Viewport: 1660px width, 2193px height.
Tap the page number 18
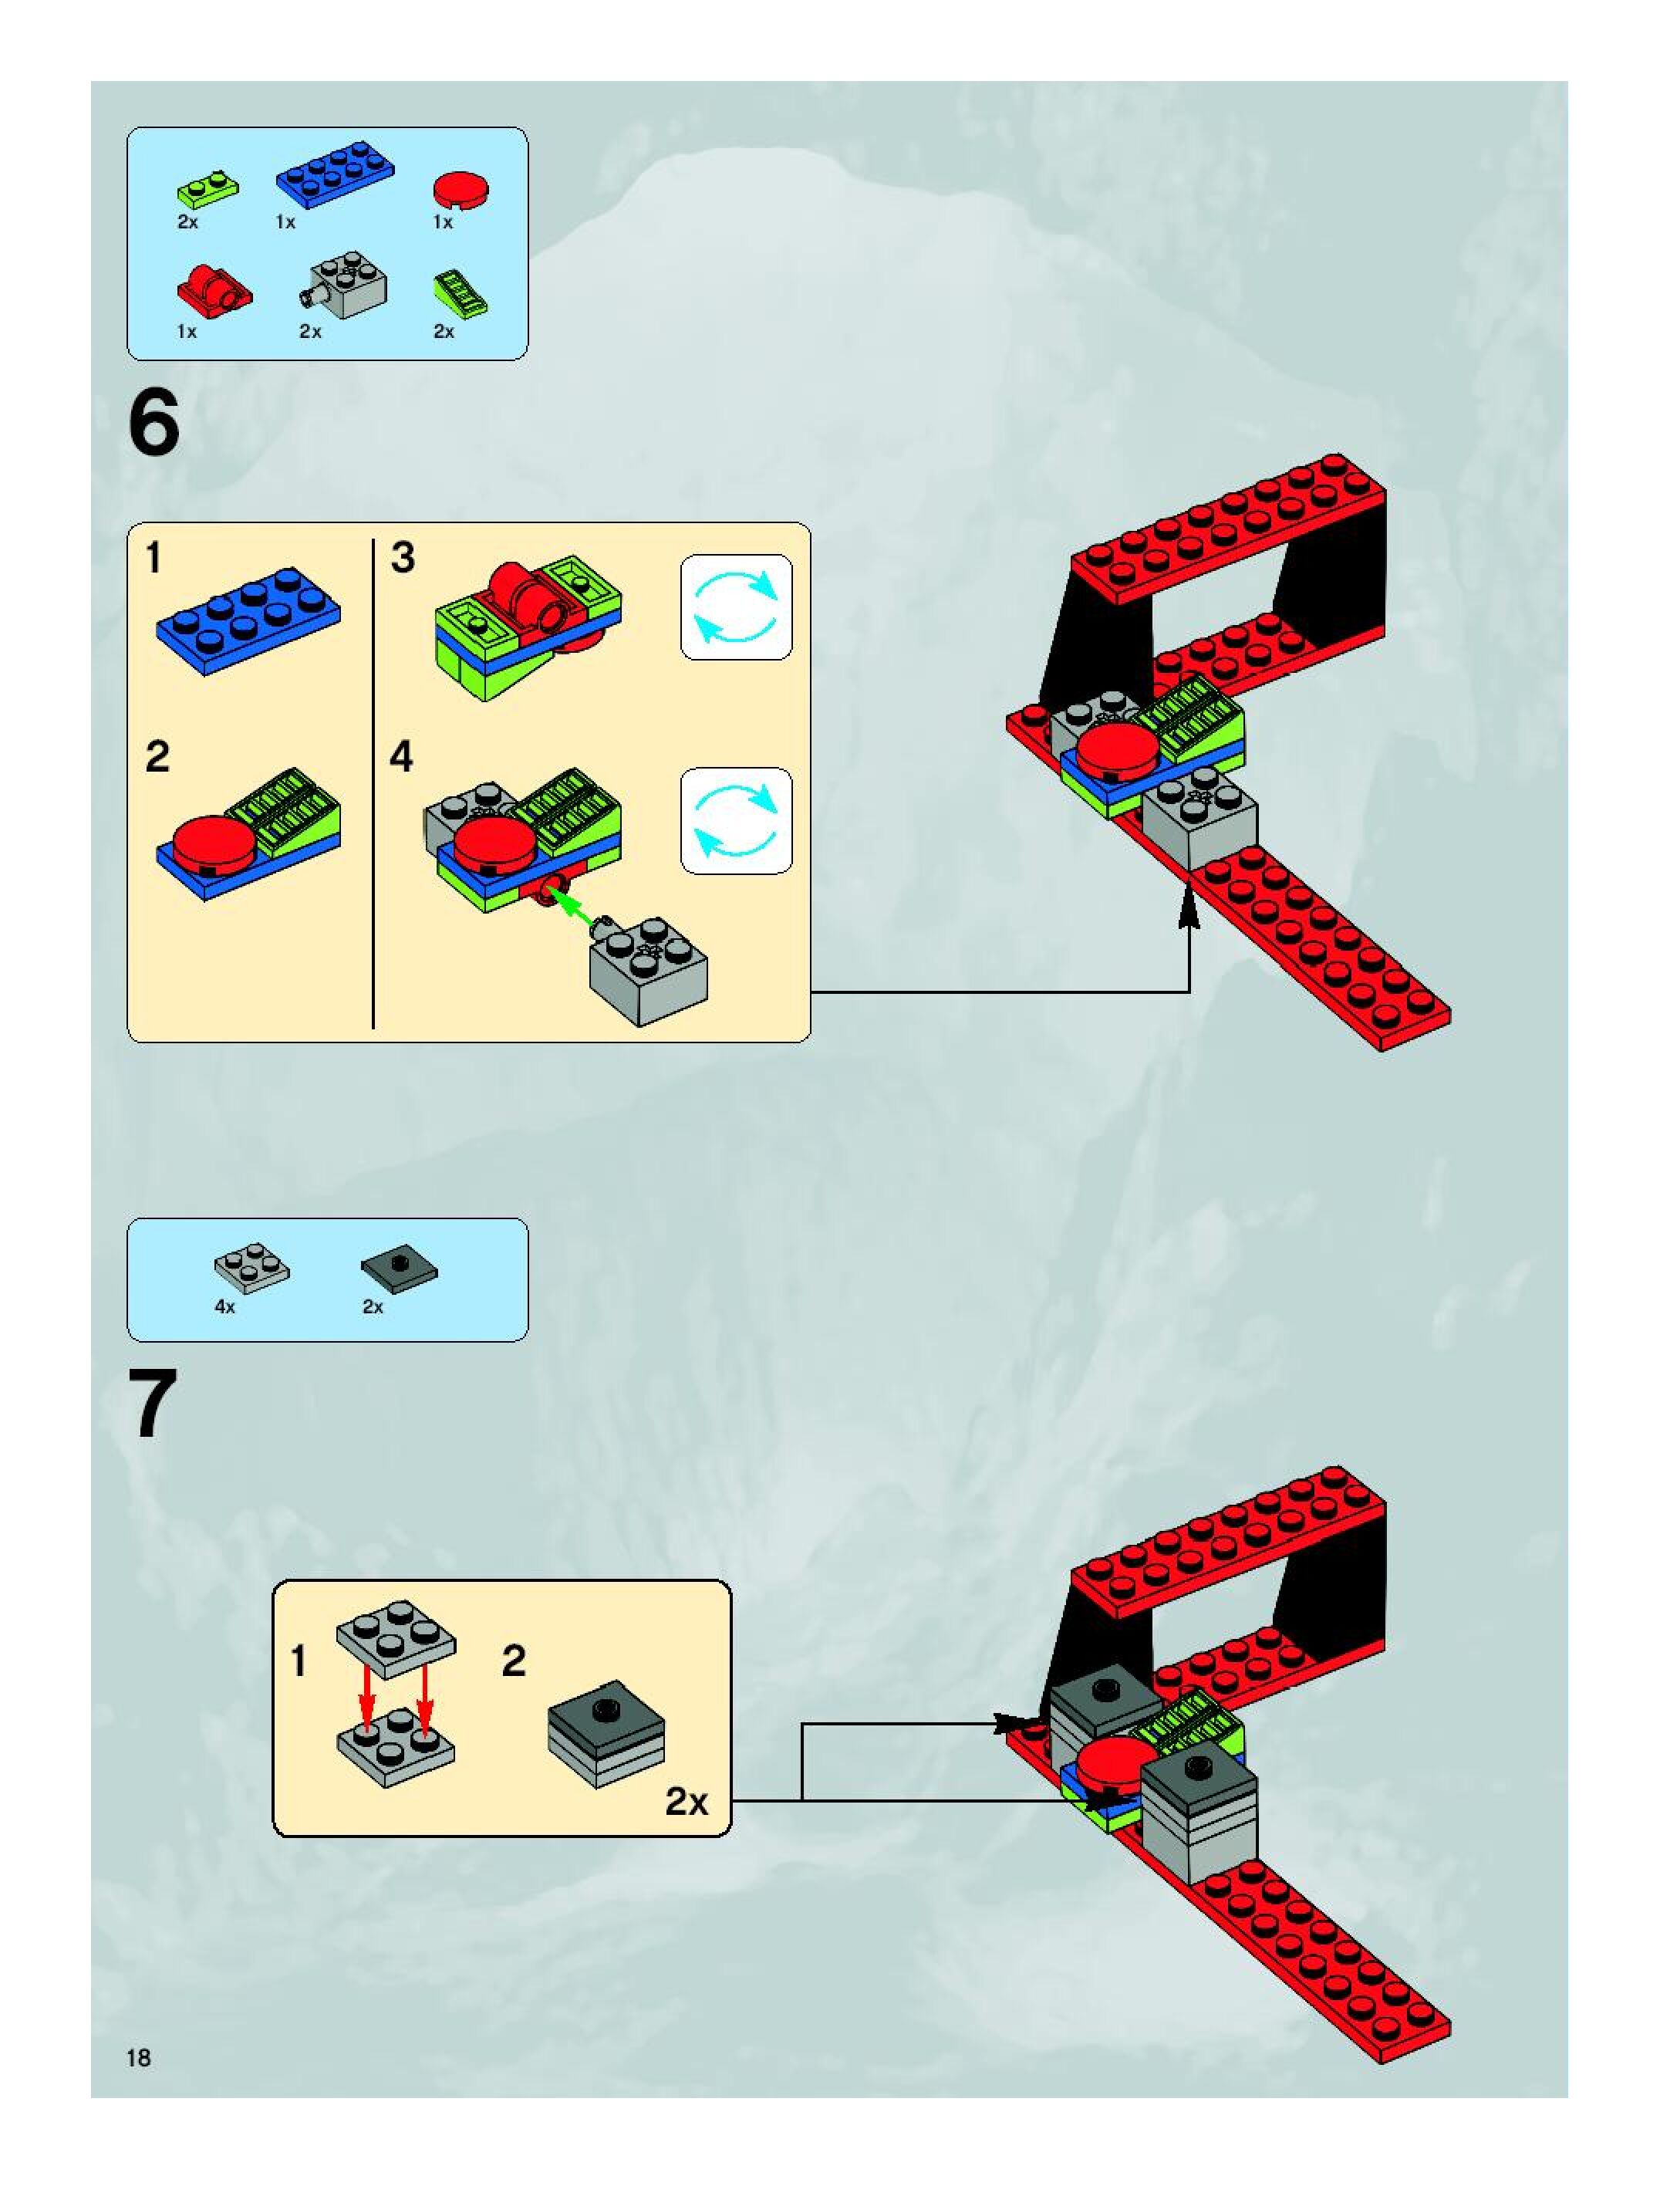(139, 2058)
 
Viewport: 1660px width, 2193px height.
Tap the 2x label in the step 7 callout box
(686, 1801)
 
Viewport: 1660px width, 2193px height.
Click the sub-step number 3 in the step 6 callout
(403, 558)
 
